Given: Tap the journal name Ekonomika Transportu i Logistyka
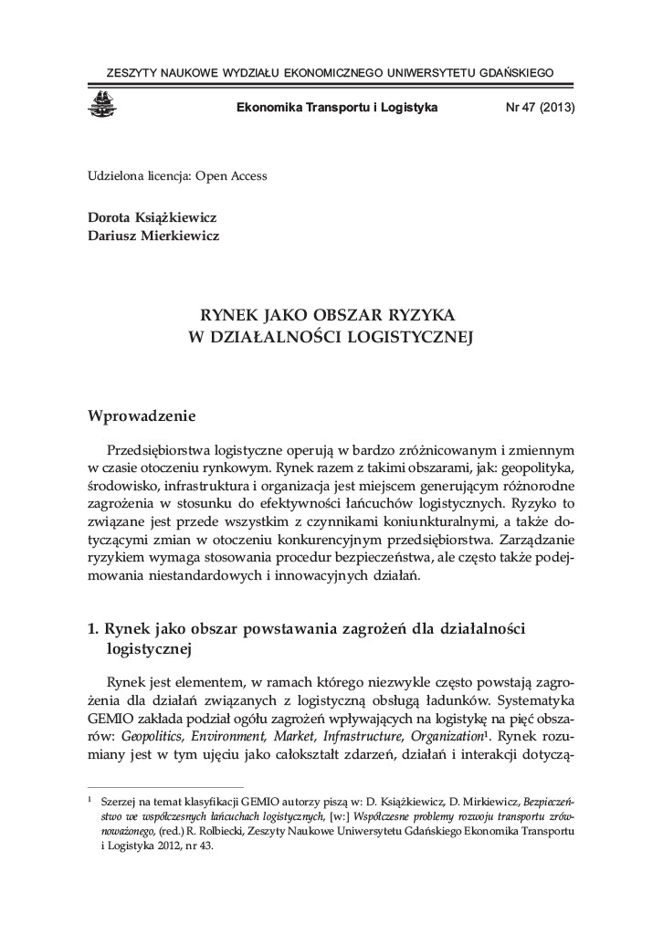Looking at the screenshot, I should point(337,107).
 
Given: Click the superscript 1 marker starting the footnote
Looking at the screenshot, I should point(89,794).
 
